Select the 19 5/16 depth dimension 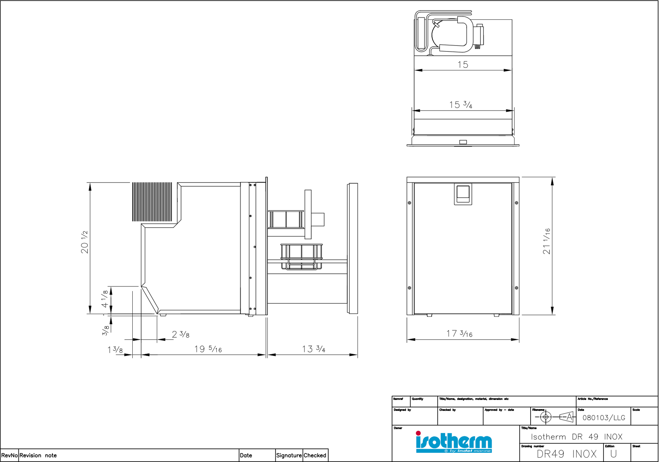point(208,349)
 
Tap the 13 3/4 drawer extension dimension point(313,349)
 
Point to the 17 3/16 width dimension point(459,334)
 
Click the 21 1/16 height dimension point(546,241)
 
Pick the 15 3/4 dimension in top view point(461,105)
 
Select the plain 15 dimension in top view point(463,65)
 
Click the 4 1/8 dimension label point(105,299)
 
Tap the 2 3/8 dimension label point(181,335)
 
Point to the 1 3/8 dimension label point(115,349)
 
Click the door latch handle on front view point(463,194)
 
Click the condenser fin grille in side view point(152,202)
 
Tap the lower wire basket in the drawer point(301,257)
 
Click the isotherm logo point(454,442)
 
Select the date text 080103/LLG point(604,418)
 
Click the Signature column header point(289,455)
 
